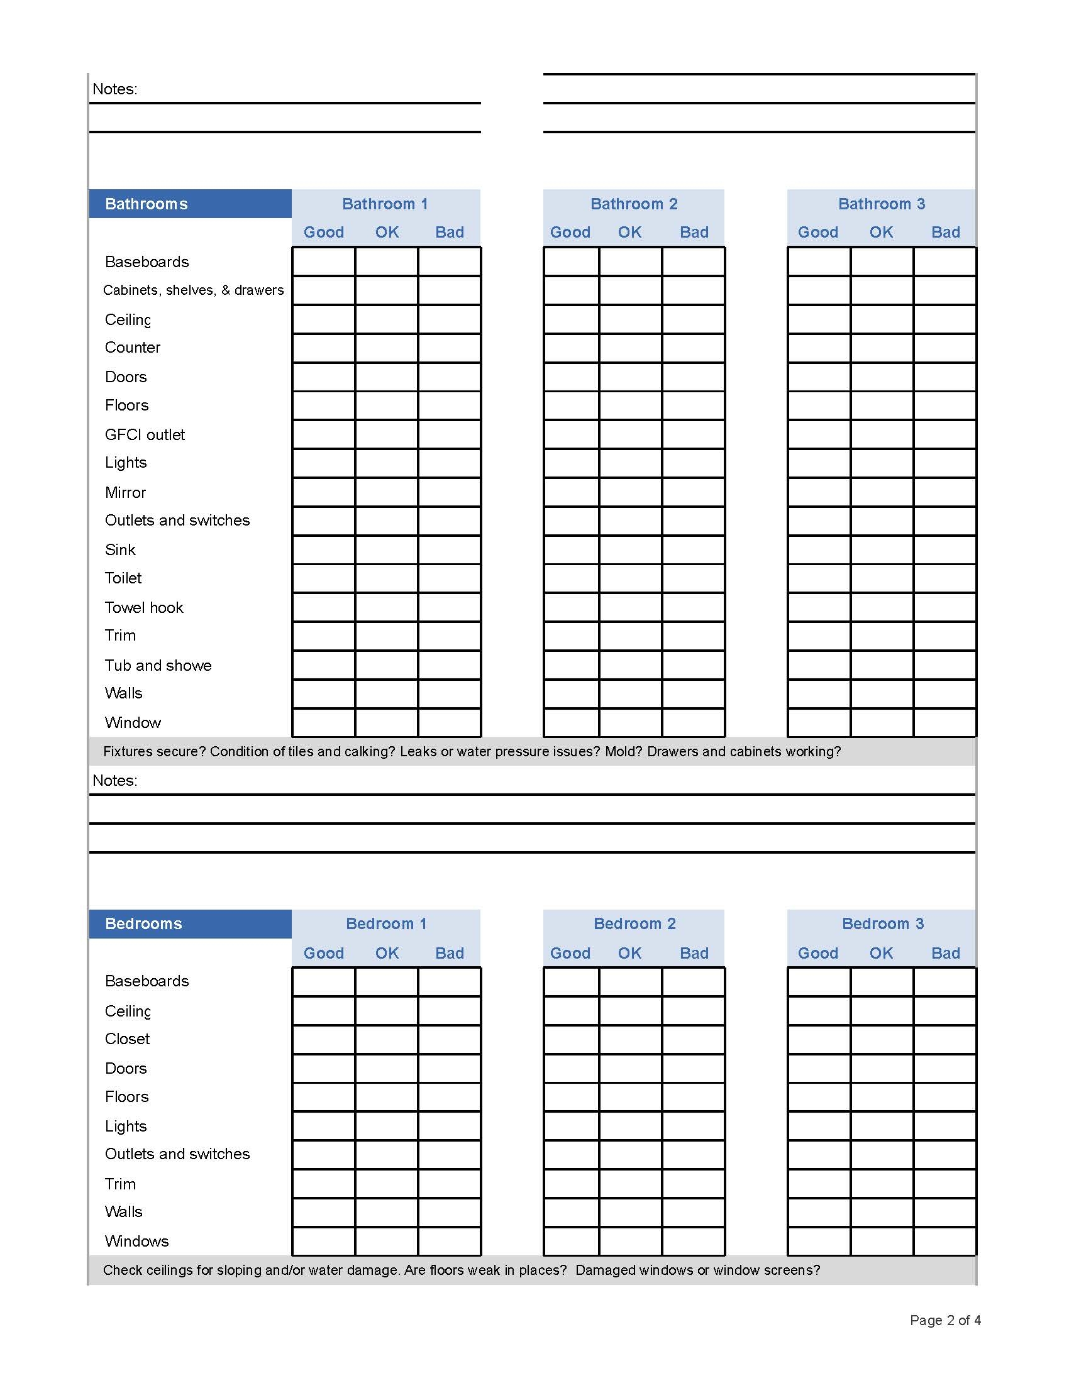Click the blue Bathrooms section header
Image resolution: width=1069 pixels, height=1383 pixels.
(x=147, y=204)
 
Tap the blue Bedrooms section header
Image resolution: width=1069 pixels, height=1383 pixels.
(x=144, y=924)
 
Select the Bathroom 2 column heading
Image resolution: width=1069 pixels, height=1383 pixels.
(x=634, y=204)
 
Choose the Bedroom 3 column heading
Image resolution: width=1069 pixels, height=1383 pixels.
(x=882, y=924)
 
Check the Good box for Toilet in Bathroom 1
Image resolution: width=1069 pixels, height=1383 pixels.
(x=324, y=579)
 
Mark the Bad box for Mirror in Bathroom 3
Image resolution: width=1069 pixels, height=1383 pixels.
(x=945, y=492)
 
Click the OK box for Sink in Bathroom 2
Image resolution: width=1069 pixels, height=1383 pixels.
(x=631, y=549)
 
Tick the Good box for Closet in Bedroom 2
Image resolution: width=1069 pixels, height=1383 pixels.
(x=571, y=1040)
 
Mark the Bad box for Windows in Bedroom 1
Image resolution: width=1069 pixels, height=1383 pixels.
(x=450, y=1241)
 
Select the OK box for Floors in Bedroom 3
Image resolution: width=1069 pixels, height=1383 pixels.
(x=882, y=1098)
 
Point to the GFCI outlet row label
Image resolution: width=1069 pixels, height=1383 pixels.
(x=145, y=435)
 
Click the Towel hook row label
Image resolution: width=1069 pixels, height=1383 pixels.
(x=144, y=608)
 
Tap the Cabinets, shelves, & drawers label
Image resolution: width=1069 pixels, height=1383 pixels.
(x=193, y=290)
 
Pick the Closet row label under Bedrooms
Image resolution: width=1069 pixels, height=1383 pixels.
(x=127, y=1039)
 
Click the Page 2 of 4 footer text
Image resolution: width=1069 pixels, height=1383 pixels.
(x=945, y=1320)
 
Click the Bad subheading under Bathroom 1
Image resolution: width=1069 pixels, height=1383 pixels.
(x=450, y=233)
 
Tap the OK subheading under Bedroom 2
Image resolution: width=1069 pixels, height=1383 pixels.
(x=630, y=954)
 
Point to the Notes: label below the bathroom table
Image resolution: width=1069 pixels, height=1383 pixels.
(x=114, y=781)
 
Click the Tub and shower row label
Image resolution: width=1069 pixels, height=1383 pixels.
(x=158, y=666)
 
